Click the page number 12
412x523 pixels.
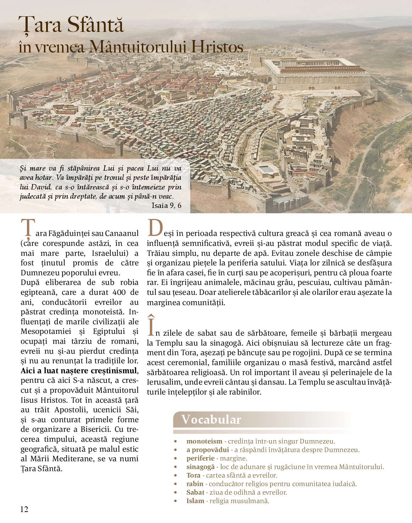coord(24,509)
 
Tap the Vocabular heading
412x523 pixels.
coord(211,419)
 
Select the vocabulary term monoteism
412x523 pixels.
coord(204,441)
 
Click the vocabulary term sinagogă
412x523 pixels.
coord(200,467)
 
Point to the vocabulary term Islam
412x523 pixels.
coord(195,501)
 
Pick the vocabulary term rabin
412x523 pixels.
coord(195,484)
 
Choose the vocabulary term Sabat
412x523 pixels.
coord(195,492)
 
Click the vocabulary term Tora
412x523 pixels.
coord(194,475)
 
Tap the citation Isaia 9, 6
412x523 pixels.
coord(166,205)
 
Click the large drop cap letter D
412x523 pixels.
coord(155,228)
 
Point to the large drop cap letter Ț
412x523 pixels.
coord(28,229)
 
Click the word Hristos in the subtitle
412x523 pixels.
coord(217,47)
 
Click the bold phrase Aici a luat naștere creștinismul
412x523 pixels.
coord(78,371)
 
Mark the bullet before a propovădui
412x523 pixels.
coord(176,450)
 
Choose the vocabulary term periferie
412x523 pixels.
coord(200,458)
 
